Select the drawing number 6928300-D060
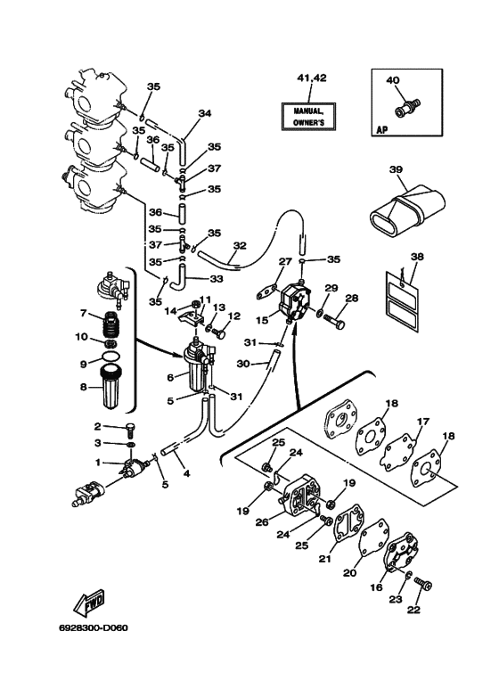point(94,627)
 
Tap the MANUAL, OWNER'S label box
point(309,117)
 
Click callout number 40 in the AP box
point(393,80)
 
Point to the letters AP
point(382,130)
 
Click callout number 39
point(396,169)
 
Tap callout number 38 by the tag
point(417,256)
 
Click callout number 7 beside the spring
point(83,313)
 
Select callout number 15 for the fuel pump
point(262,320)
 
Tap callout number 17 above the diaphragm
point(422,422)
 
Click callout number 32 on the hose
point(240,246)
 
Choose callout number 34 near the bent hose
point(204,113)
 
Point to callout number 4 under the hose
point(187,474)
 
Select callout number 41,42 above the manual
point(312,78)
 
